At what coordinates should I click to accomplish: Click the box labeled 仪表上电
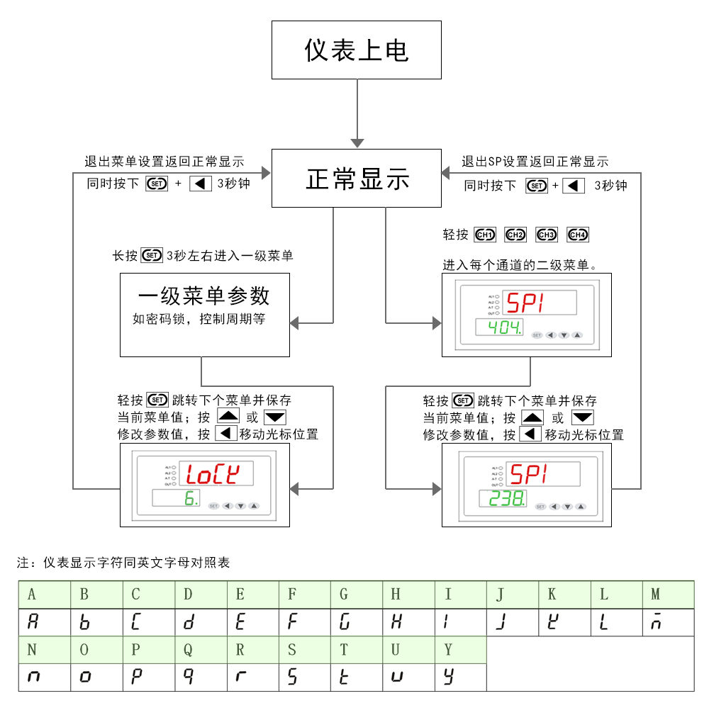[x=357, y=50]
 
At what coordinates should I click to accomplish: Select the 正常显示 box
[x=357, y=179]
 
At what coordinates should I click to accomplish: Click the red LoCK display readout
[x=212, y=473]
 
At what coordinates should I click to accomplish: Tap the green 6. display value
[x=190, y=498]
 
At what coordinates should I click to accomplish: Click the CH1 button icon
[x=486, y=235]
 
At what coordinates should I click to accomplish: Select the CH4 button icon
[x=579, y=235]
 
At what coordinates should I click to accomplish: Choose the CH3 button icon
[x=547, y=235]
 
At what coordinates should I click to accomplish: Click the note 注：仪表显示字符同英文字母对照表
[x=123, y=563]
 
